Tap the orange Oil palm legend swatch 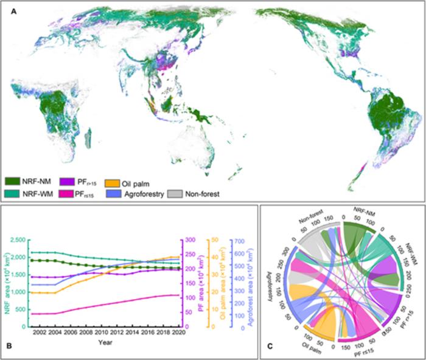tap(112, 181)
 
